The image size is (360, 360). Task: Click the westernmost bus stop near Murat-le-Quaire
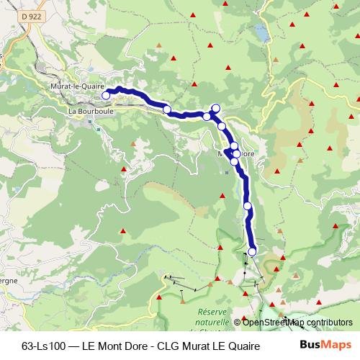tap(106, 95)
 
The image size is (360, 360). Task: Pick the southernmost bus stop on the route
tap(252, 251)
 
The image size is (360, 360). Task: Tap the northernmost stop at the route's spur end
tap(215, 108)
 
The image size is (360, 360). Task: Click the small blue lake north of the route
tap(260, 34)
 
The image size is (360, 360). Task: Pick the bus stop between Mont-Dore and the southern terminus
tap(248, 206)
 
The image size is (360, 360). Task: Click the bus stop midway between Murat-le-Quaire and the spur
tap(167, 109)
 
